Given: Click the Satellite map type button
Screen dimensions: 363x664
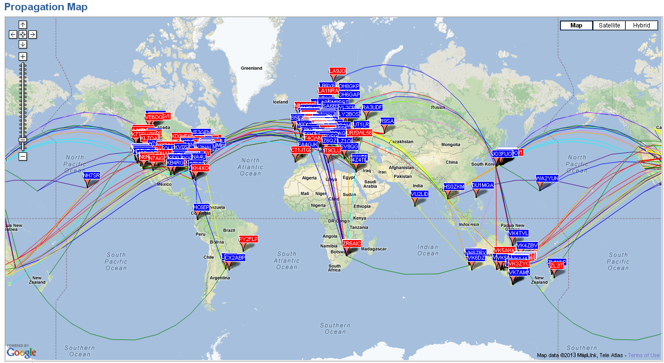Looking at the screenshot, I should tap(609, 25).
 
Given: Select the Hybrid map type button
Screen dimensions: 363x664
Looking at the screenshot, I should tap(641, 25).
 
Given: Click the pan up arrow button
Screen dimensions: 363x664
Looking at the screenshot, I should tap(23, 24).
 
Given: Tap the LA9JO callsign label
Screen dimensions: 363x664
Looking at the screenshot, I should tap(337, 71).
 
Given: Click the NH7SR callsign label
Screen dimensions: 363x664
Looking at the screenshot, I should tap(91, 175).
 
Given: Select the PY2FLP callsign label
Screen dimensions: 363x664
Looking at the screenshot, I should tap(249, 239).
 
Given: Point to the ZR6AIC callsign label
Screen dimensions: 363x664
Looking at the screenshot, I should tap(352, 243).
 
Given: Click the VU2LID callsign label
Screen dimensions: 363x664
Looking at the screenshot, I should tap(420, 194).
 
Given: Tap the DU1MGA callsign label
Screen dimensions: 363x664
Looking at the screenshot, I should tap(483, 186).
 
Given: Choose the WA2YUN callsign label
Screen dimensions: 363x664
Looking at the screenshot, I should tap(547, 179).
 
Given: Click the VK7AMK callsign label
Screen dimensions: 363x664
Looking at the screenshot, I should tap(519, 272).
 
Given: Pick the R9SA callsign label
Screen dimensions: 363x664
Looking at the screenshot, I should tap(387, 121).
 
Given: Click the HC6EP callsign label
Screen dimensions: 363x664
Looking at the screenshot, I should tap(202, 207).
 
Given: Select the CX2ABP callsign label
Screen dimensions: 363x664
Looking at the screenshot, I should tap(234, 258).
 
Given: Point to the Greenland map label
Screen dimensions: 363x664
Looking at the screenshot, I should tap(252, 68).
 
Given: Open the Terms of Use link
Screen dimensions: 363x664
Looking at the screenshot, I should tap(644, 355).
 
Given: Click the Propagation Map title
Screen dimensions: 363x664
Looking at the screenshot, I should tap(46, 7).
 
